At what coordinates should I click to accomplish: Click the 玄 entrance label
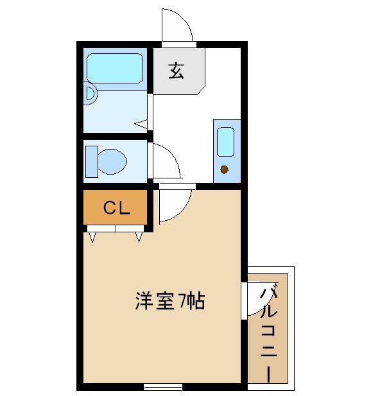point(177,71)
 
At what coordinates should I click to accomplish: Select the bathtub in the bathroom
point(115,68)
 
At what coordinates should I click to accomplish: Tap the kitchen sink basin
point(225,142)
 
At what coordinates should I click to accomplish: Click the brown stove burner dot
point(225,169)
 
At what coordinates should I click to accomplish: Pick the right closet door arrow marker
point(139,237)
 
